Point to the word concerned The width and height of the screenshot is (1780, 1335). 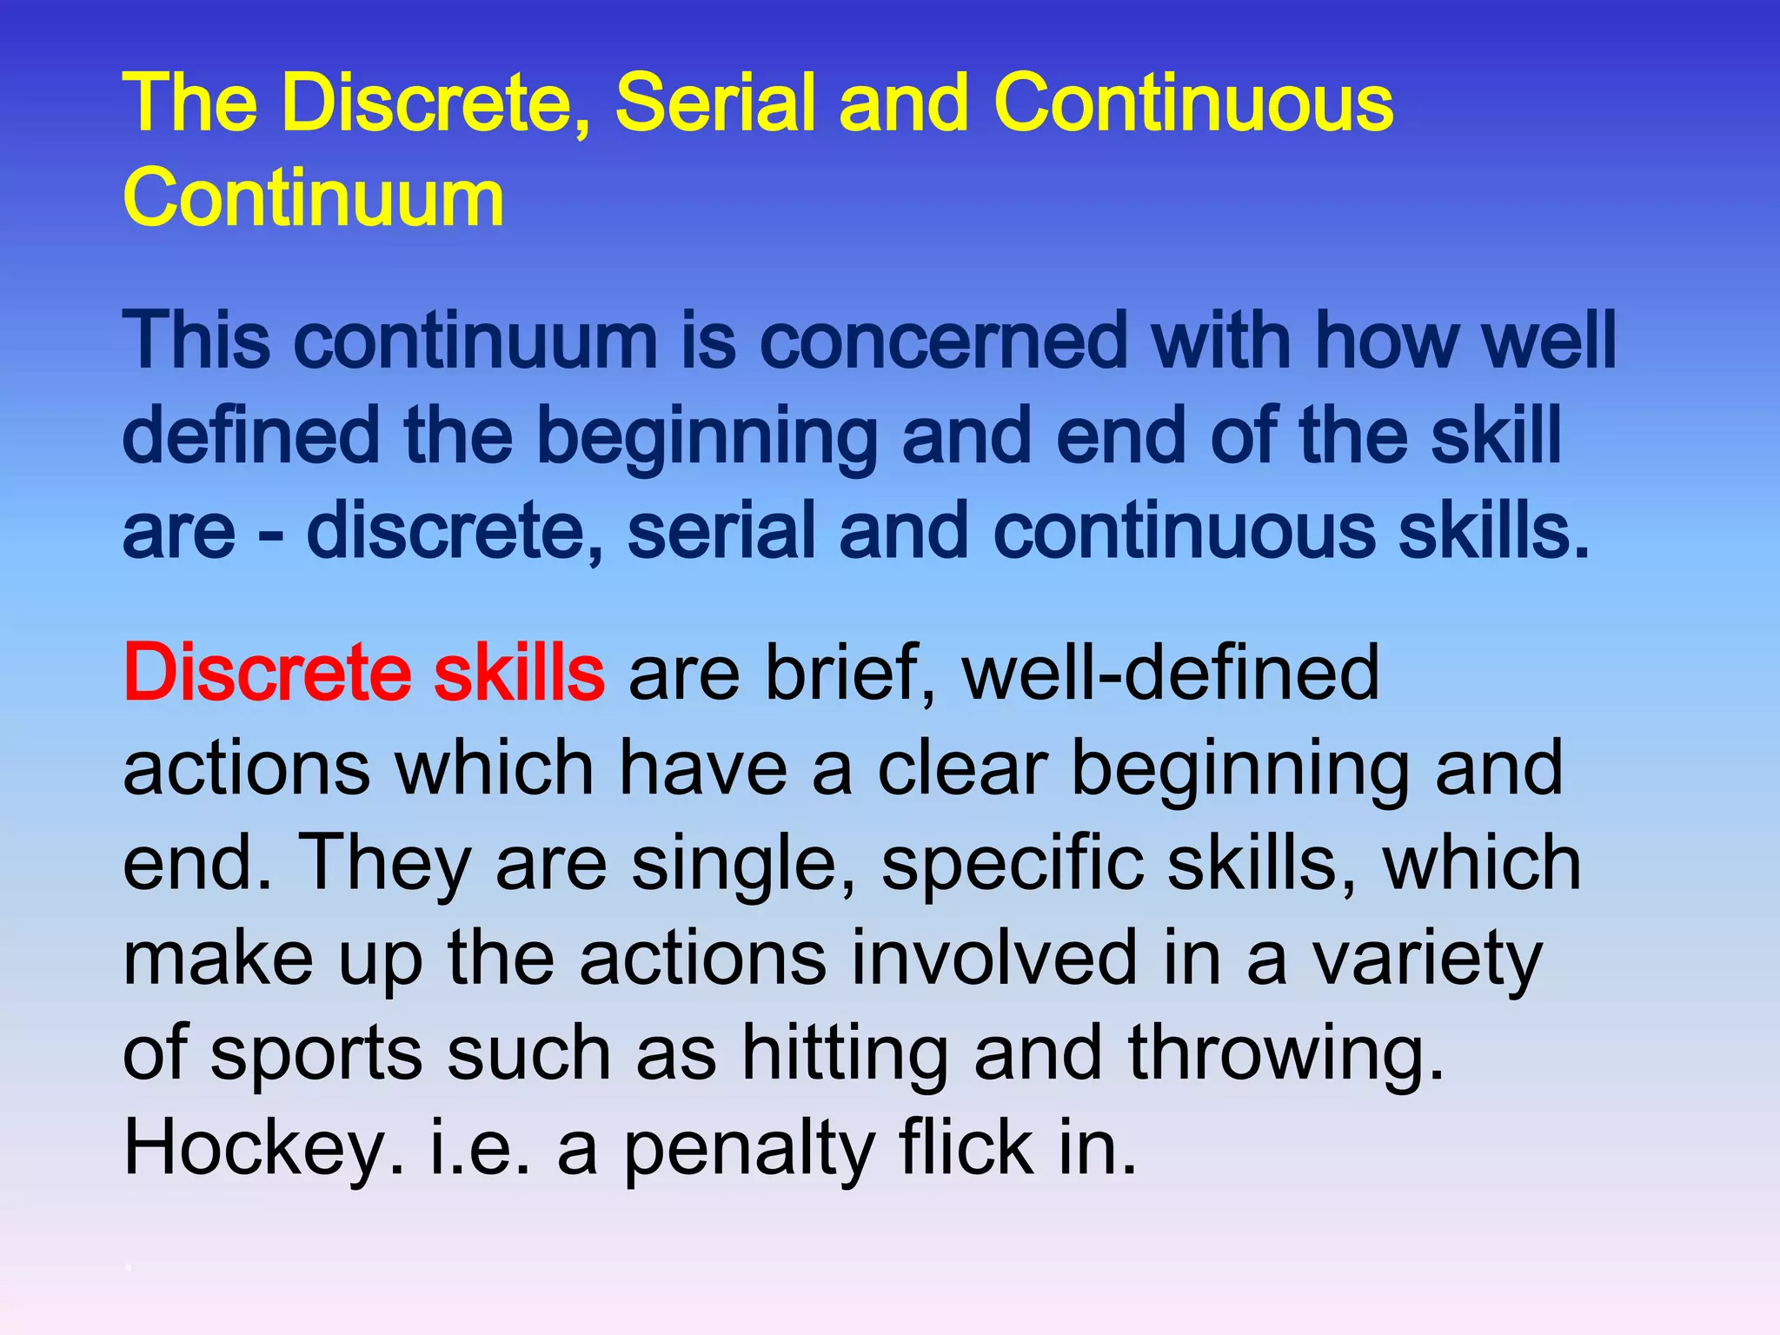943,340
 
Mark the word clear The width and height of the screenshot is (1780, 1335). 962,767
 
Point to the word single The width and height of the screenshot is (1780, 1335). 744,863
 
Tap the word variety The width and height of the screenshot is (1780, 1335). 1426,959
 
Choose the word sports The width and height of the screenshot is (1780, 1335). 316,1053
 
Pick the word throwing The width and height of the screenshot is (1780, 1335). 1286,1053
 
